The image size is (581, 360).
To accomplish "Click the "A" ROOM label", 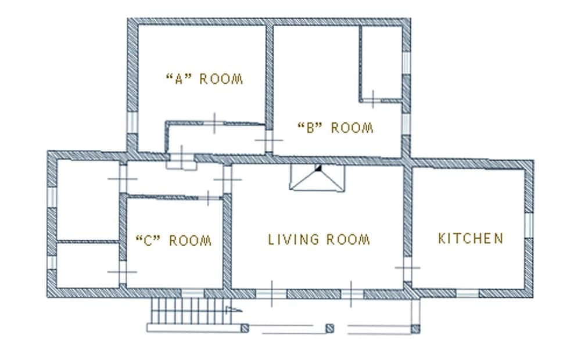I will coord(204,79).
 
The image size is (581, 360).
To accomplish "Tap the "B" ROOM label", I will coord(335,128).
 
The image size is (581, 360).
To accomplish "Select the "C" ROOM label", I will coord(173,240).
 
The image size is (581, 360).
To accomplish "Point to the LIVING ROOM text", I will coord(319,239).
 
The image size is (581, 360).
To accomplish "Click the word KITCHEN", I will coord(471,238).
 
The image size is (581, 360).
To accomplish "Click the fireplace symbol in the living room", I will coord(317,177).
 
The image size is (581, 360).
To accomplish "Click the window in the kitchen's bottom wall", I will coord(467,293).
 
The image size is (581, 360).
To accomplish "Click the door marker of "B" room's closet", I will coord(372,96).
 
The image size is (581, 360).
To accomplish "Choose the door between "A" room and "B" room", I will coord(270,139).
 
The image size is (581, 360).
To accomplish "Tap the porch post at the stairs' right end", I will coord(245,329).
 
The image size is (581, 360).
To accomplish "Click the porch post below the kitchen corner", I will coord(415,329).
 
